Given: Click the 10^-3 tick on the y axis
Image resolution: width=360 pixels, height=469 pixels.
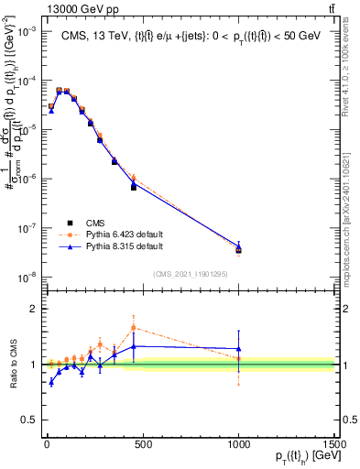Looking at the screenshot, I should coord(27,30).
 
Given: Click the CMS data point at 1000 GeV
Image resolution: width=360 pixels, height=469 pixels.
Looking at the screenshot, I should coord(238,249).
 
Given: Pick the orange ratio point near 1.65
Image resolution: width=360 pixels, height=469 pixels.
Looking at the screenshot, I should coord(134,327).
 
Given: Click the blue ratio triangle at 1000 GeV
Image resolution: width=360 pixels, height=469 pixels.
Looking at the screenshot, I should coord(238,349).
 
